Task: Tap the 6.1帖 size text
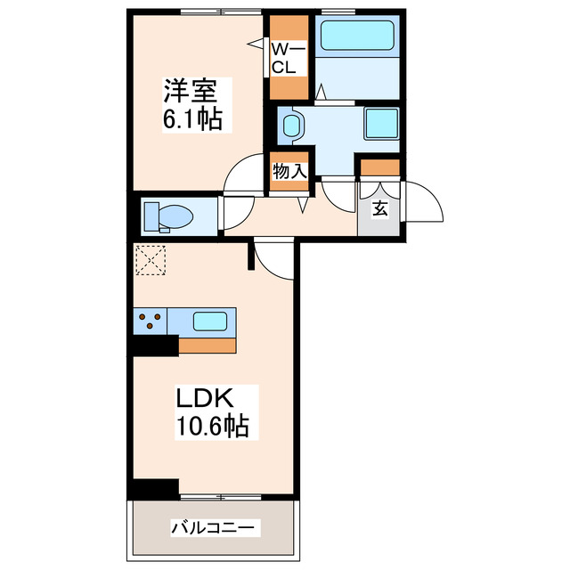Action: [192, 118]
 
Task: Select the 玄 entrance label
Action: [379, 209]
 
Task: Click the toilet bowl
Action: [174, 216]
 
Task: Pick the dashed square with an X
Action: [151, 261]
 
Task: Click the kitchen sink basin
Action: [210, 320]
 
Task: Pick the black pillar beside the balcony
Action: [155, 489]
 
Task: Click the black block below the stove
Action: [155, 345]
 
